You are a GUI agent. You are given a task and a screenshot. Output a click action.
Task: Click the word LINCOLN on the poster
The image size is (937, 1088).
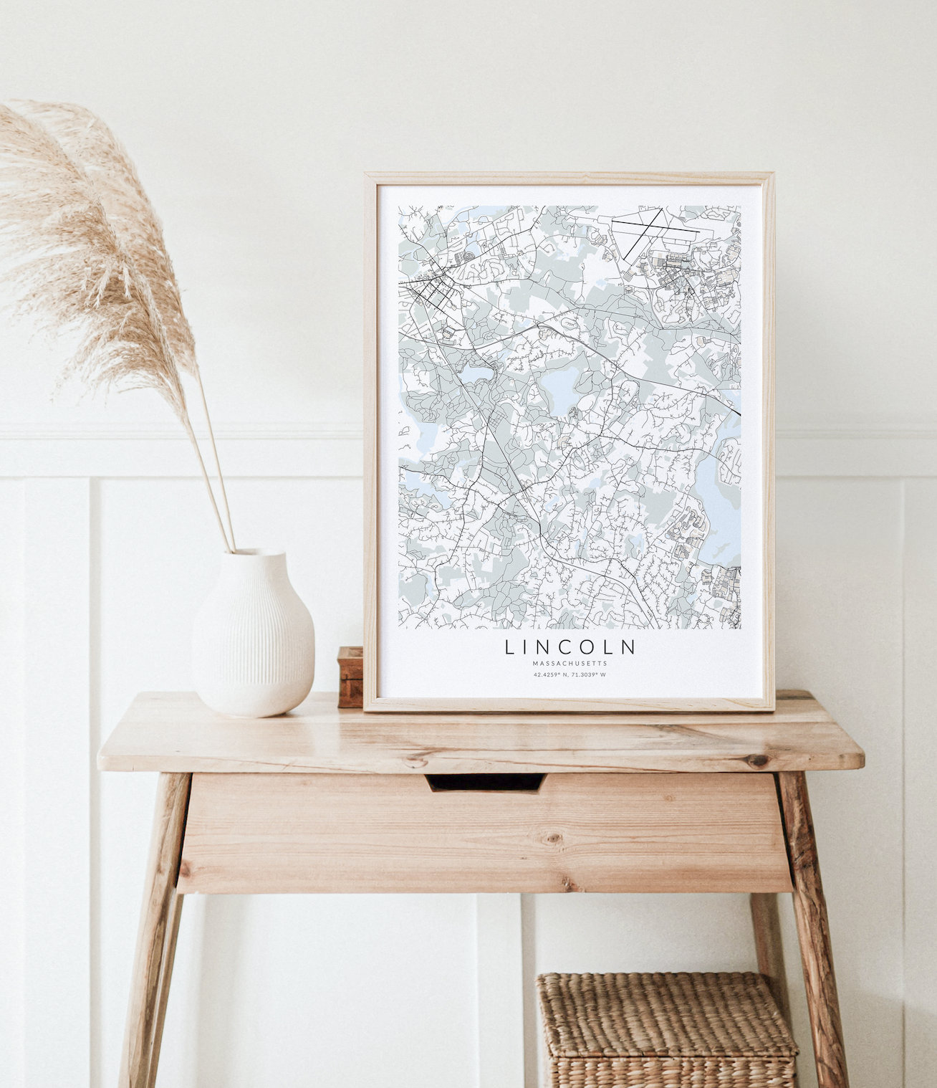570,647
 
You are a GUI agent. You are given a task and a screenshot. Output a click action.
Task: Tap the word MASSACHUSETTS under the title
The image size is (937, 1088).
570,664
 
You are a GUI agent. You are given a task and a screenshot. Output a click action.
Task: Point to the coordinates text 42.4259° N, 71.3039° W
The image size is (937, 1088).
570,674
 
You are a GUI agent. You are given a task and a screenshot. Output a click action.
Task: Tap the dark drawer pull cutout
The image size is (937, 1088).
485,782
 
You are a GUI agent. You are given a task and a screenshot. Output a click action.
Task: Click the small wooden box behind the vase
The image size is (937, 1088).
350,677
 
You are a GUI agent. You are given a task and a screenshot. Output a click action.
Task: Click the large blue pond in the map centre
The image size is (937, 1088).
559,386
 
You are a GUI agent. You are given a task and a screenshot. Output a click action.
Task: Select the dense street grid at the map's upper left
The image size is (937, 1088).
433,290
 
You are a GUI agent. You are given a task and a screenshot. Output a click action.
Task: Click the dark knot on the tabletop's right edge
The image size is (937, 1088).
758,760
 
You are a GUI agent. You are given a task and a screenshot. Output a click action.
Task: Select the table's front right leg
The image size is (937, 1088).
813,932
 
